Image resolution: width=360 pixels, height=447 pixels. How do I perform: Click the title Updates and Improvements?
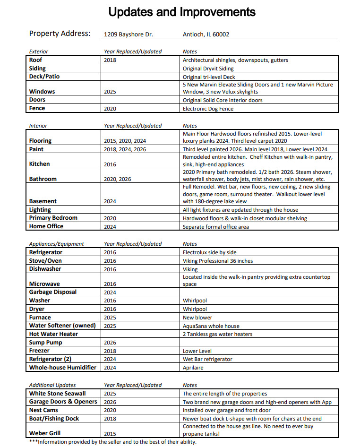(x=182, y=12)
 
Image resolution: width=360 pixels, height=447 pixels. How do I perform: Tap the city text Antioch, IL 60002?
(x=206, y=34)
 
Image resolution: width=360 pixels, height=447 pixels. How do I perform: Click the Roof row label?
(x=36, y=60)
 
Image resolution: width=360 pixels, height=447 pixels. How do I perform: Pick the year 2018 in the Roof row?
(x=110, y=60)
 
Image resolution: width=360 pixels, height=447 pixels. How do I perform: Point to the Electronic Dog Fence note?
(x=208, y=109)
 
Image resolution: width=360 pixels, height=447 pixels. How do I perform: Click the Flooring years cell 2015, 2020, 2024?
(x=125, y=141)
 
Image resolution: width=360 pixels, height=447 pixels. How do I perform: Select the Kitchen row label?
(x=39, y=164)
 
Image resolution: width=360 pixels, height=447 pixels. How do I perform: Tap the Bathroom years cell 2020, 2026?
(x=117, y=179)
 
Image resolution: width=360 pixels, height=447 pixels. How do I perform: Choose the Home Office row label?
(x=46, y=226)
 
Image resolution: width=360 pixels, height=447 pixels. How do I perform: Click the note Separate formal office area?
(x=215, y=227)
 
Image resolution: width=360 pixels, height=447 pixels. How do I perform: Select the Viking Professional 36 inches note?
(x=217, y=261)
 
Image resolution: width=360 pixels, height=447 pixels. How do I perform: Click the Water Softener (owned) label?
(x=62, y=326)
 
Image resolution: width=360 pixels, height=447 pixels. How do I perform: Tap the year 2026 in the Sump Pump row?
(x=110, y=343)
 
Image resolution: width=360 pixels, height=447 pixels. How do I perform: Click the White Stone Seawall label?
(x=57, y=394)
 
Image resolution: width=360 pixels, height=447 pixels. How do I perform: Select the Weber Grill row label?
(x=45, y=433)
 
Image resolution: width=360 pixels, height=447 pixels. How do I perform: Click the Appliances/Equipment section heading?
(x=57, y=244)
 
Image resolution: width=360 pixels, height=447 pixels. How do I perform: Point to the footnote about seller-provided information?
(x=112, y=442)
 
